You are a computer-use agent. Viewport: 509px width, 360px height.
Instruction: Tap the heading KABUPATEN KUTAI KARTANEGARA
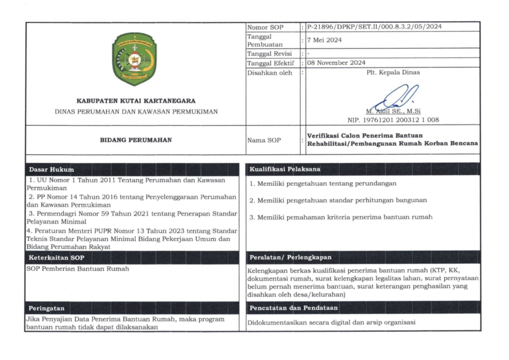point(136,100)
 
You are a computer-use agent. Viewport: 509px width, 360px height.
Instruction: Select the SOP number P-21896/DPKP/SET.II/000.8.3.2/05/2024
point(374,27)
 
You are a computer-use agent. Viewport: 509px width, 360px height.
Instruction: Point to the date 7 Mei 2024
point(324,40)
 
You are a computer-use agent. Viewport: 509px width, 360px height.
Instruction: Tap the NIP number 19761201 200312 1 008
point(393,119)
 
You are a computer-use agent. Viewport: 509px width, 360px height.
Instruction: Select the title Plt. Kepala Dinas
point(393,72)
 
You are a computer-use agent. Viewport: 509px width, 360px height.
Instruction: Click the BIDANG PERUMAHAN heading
point(136,140)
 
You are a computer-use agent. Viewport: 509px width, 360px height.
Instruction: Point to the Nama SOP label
point(264,140)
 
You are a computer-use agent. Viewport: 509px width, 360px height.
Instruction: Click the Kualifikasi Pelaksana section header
point(285,170)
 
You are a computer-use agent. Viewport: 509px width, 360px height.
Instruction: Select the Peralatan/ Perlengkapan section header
point(290,257)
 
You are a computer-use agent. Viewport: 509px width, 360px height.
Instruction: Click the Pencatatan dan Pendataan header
point(293,308)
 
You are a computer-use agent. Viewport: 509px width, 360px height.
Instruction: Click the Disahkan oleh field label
point(270,73)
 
